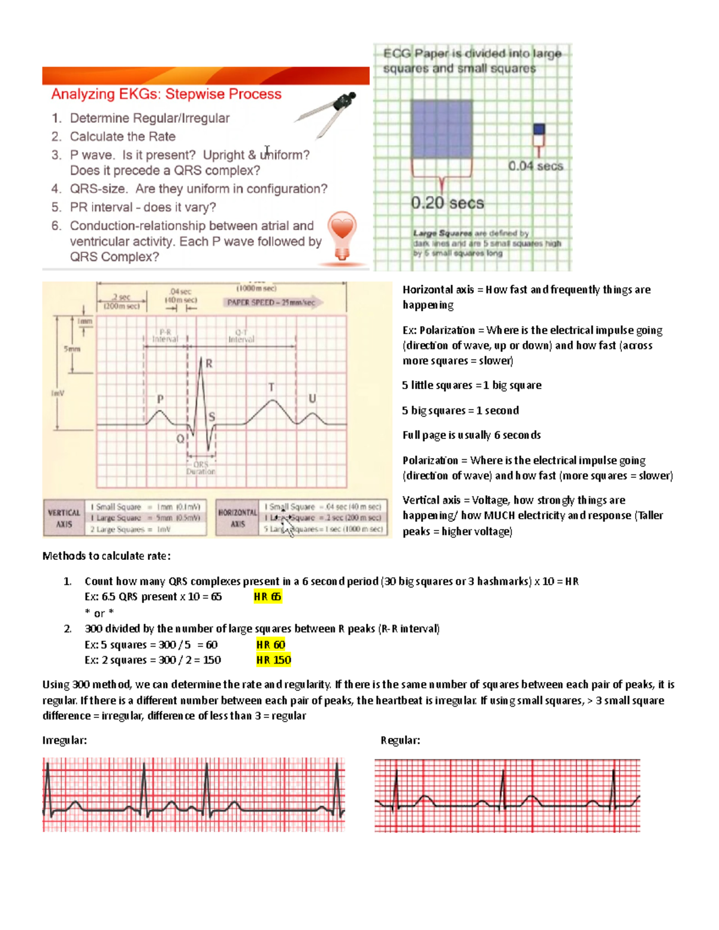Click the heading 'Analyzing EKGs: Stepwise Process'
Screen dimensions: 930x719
166,94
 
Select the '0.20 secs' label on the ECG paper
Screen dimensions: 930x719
447,204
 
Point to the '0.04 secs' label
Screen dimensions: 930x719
536,166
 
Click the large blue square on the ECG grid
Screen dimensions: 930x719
442,129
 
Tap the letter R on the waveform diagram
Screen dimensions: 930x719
209,363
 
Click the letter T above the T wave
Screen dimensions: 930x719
271,387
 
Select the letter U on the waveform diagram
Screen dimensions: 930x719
312,398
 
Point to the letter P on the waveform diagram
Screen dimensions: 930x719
161,399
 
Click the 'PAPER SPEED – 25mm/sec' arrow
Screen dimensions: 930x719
273,302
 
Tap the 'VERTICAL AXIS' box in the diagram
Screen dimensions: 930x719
64,518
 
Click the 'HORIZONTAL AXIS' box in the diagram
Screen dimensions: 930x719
237,518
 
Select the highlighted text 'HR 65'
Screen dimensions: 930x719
267,596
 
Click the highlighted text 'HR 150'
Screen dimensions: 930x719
273,660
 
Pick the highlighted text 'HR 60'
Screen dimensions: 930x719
270,644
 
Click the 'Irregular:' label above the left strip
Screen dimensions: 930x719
65,740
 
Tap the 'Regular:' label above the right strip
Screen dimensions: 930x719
400,740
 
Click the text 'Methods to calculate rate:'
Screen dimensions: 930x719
107,556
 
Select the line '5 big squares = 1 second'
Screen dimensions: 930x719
460,410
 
